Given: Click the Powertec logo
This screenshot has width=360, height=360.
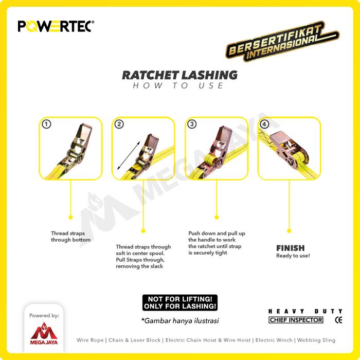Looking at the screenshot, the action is coord(56,26).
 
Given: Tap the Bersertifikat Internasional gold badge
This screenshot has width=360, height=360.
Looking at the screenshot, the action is coord(283,41).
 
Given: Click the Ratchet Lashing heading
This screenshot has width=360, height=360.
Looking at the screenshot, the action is coord(180,75).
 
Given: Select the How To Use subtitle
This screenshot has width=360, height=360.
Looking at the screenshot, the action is coord(178,86).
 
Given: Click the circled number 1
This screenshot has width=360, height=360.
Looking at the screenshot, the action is coord(46,124).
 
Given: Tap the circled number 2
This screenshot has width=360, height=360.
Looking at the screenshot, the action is coord(119,124).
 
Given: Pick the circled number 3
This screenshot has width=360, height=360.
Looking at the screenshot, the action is coord(192,124).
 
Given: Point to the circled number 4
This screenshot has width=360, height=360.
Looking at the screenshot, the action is coord(264,124).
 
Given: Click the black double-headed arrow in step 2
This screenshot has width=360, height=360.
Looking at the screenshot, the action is coord(129,156).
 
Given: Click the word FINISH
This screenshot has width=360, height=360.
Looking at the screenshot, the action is coord(291,248).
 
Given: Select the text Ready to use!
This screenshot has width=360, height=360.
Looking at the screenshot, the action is coord(293,256).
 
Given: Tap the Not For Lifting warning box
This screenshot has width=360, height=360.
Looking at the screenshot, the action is coord(180,302).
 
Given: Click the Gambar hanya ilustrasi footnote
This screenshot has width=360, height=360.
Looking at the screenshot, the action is coord(180,320).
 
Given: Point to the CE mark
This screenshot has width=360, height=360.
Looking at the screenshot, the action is coord(338,320).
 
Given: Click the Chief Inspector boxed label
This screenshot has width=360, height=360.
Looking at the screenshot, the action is coord(296,320).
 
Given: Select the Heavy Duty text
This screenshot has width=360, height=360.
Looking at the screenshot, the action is coord(305,311).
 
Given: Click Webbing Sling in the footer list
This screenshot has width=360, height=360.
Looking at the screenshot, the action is coord(316,340).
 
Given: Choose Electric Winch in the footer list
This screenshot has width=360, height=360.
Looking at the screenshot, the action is coord(274,340).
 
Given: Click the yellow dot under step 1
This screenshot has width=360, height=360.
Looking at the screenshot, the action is coord(71,217).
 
